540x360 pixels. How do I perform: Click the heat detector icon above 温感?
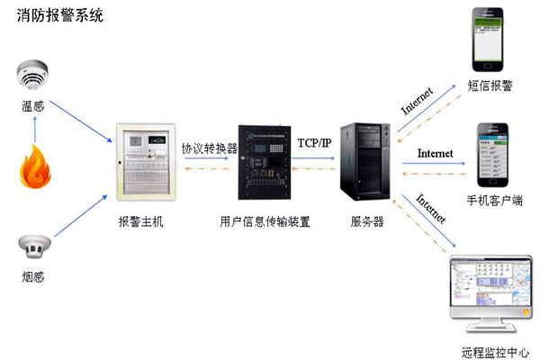click(33, 76)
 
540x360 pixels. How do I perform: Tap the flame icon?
click(33, 168)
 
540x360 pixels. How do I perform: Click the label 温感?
click(33, 106)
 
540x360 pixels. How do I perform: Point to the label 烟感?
click(32, 275)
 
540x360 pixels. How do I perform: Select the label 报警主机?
click(141, 221)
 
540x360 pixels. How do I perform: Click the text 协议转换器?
click(209, 148)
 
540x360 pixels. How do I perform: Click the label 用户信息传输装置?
click(265, 221)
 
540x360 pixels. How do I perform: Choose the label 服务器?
click(369, 221)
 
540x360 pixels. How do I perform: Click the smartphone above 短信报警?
click(490, 40)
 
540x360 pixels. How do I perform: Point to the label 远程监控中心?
click(490, 352)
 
